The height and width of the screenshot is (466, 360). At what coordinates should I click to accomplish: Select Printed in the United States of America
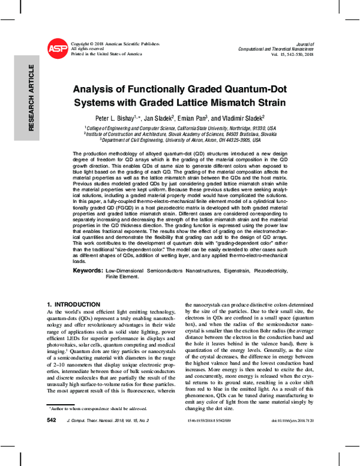tap(106, 54)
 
